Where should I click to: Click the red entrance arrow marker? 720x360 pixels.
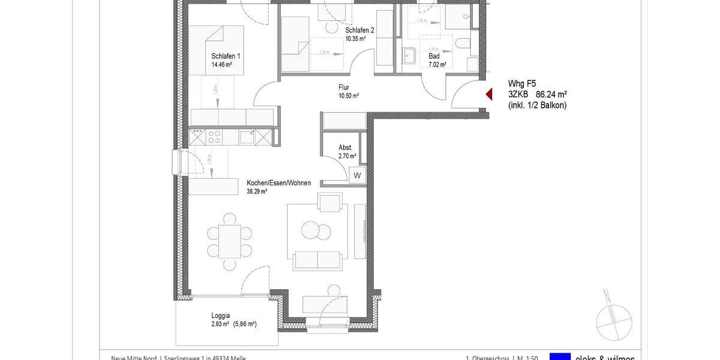[488, 94]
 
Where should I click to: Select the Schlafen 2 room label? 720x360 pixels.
[360, 30]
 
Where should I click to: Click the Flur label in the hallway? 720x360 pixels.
[344, 87]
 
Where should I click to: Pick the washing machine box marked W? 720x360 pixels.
[357, 175]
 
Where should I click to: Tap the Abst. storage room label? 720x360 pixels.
[345, 147]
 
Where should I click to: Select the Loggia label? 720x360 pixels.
[221, 315]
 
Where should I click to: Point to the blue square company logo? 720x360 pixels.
[560, 356]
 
